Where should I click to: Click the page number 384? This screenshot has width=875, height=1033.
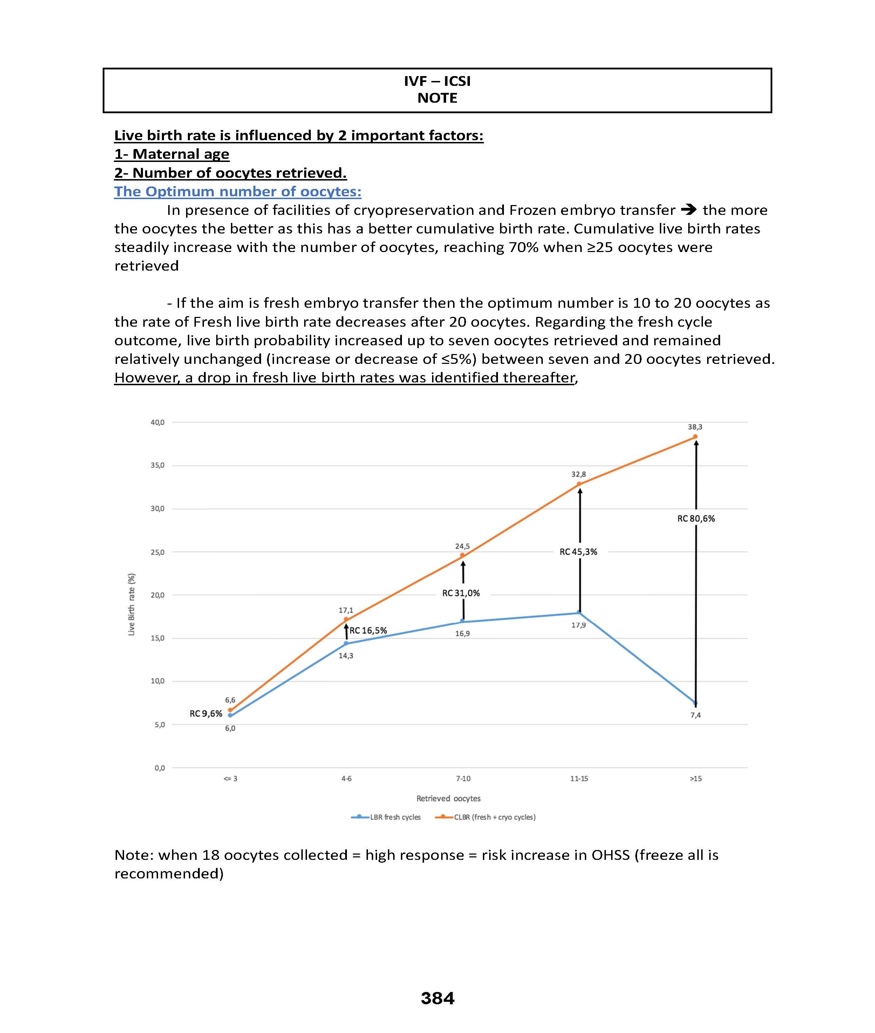[437, 998]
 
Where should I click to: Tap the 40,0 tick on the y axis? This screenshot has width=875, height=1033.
[158, 422]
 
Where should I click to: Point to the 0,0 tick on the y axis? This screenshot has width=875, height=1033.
[159, 768]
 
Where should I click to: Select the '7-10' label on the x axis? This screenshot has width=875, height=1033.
[463, 779]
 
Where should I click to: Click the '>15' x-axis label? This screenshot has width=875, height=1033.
[696, 779]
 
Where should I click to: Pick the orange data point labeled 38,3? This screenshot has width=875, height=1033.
[695, 437]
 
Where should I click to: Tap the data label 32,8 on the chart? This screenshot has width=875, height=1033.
[579, 474]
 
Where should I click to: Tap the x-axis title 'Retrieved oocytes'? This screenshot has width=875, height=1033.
[449, 798]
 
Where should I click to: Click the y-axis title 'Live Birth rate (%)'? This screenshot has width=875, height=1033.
[131, 604]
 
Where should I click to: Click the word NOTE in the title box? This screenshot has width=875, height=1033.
[437, 98]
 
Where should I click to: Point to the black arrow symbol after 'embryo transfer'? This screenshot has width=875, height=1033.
[689, 210]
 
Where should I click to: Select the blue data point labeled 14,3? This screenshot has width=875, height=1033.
[346, 644]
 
